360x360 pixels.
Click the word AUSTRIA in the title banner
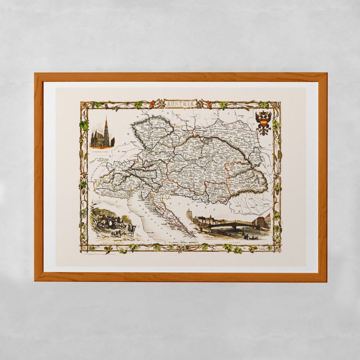coord(181,104)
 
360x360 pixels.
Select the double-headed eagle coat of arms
coord(263,122)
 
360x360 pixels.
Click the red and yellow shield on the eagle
coord(263,122)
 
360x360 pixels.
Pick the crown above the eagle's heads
coord(263,112)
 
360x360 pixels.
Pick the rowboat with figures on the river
coord(250,236)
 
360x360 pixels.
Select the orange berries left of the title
coord(152,103)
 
